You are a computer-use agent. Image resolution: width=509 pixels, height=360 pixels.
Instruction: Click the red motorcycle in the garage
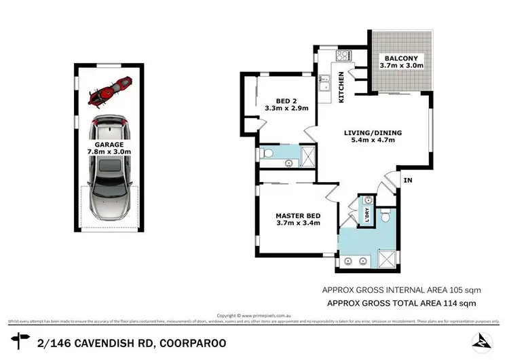109,92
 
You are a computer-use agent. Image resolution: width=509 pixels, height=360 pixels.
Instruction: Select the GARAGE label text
109,145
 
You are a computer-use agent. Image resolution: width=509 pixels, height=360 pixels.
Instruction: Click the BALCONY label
401,58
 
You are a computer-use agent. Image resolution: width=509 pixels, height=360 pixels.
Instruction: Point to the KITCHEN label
341,88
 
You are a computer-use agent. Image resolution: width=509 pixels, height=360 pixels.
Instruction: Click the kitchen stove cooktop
324,57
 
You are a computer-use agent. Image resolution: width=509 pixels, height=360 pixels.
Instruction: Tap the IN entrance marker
407,180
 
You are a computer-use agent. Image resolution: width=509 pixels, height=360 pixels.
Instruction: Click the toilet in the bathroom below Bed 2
266,156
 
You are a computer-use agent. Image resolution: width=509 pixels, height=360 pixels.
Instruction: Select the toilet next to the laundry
385,216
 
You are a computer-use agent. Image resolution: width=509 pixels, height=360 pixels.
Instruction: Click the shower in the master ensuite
385,259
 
